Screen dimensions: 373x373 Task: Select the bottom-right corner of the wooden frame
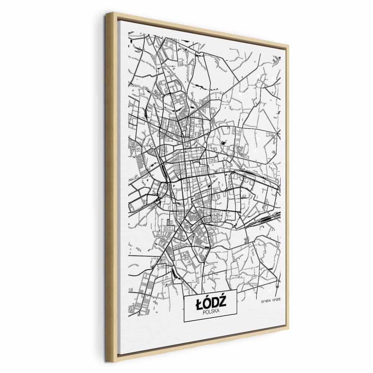[x=289, y=329]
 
